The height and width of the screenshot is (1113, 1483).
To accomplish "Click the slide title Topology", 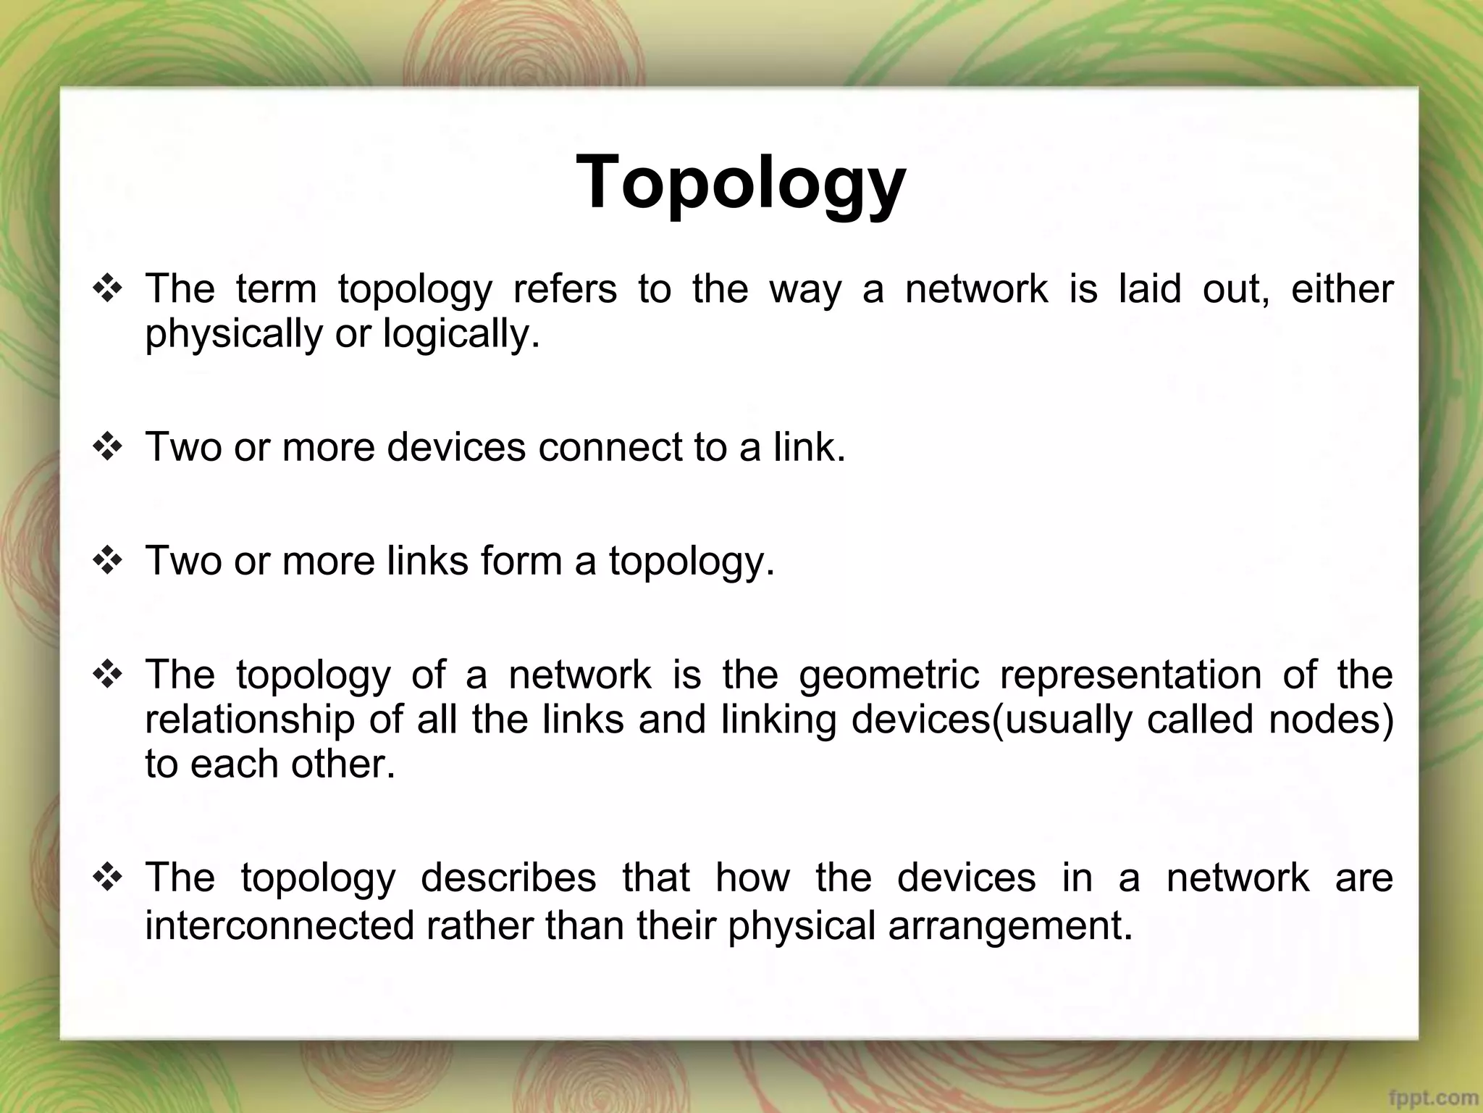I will pos(741,183).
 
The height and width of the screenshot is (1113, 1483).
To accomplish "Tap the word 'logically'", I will pos(461,335).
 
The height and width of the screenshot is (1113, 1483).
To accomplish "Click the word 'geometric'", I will pos(889,675).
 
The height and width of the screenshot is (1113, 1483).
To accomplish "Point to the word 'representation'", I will pos(1130,675).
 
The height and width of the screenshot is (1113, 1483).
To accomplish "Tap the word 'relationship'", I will pos(251,720).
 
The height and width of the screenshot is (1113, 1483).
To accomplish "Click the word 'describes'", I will pos(508,878).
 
